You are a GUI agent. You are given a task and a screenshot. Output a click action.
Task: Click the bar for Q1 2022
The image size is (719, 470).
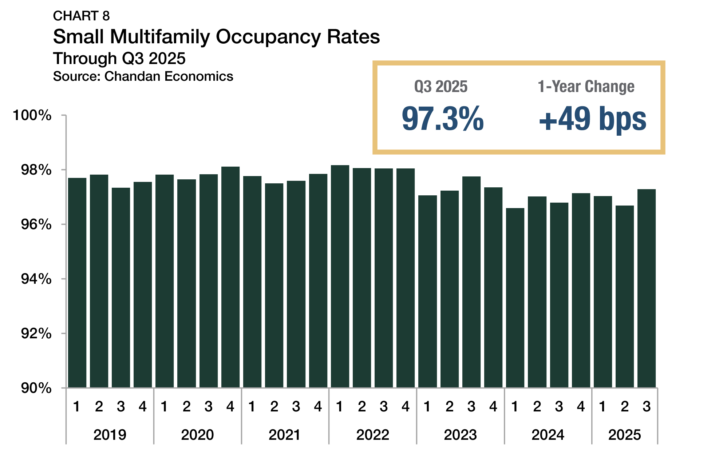tap(340, 276)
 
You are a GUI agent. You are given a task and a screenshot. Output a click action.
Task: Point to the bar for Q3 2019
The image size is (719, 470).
tap(121, 287)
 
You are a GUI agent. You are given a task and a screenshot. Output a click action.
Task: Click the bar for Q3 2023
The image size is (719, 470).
tap(471, 282)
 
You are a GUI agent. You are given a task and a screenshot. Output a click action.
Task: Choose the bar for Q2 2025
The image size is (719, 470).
tap(625, 296)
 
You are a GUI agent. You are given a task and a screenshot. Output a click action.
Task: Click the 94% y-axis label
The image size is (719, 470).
tap(36, 279)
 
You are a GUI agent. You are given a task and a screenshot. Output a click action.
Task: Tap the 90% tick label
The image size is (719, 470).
tap(36, 388)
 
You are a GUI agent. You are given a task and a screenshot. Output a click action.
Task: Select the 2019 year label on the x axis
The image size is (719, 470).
tap(110, 435)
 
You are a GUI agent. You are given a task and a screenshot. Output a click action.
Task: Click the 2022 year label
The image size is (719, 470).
tap(372, 435)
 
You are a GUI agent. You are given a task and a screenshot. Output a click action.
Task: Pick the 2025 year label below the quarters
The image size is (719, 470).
tap(624, 435)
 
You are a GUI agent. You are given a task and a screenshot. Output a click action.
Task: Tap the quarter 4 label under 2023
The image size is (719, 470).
tap(493, 406)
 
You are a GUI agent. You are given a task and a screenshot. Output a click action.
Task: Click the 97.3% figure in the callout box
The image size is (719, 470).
tap(443, 119)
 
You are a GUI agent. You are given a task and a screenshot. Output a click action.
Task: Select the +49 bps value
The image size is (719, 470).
tap(592, 119)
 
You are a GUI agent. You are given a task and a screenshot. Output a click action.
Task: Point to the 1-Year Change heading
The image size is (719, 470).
tap(586, 87)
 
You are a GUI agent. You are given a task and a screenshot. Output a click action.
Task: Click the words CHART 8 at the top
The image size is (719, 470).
tap(81, 16)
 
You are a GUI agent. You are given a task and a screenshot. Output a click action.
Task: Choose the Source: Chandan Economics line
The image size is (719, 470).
tap(143, 76)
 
